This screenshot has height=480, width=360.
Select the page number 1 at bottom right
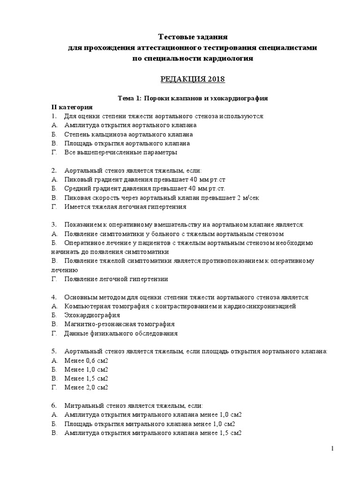(332, 449)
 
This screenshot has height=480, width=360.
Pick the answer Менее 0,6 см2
(86, 360)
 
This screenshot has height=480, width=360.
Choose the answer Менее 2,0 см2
(86, 387)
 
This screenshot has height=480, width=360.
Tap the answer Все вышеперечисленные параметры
(121, 152)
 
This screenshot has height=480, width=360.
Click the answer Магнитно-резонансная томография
(120, 324)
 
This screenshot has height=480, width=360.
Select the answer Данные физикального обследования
(121, 333)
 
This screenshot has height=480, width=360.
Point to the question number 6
(54, 405)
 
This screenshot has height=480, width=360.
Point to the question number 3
(54, 225)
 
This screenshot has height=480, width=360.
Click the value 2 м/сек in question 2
(248, 197)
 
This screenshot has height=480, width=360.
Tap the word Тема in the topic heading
(125, 98)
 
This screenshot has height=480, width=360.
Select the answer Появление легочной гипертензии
(116, 279)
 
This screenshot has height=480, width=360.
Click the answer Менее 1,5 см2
(86, 378)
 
